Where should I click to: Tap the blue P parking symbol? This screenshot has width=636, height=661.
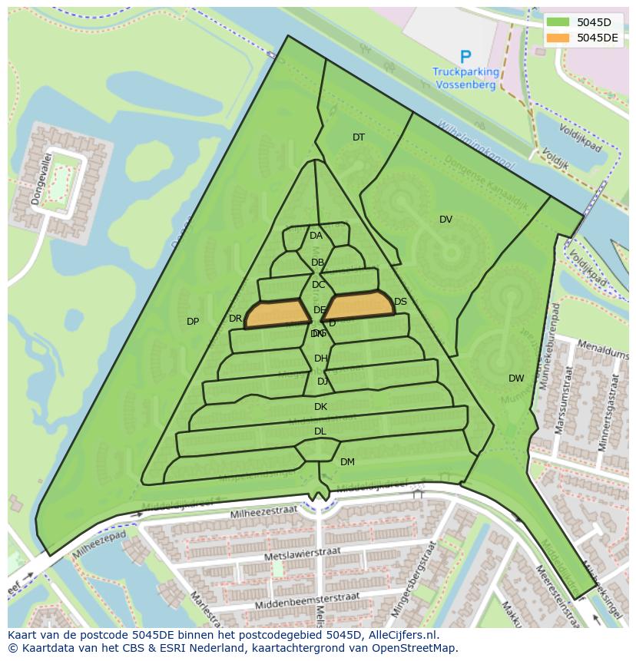tap(465, 57)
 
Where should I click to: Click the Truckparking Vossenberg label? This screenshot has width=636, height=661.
tap(465, 78)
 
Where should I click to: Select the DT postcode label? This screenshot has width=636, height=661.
tap(359, 137)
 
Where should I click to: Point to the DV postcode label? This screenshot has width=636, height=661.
tap(446, 220)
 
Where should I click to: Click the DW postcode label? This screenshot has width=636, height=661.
tap(516, 378)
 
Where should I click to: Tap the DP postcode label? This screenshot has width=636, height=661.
tap(193, 322)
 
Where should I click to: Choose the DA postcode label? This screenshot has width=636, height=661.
tap(316, 236)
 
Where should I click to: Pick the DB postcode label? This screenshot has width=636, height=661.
tap(317, 263)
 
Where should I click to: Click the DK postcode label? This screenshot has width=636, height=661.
tap(320, 407)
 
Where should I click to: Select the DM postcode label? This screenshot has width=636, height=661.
tap(347, 462)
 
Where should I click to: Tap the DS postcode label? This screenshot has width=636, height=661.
tap(400, 302)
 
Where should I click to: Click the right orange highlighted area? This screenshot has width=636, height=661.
tap(359, 306)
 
